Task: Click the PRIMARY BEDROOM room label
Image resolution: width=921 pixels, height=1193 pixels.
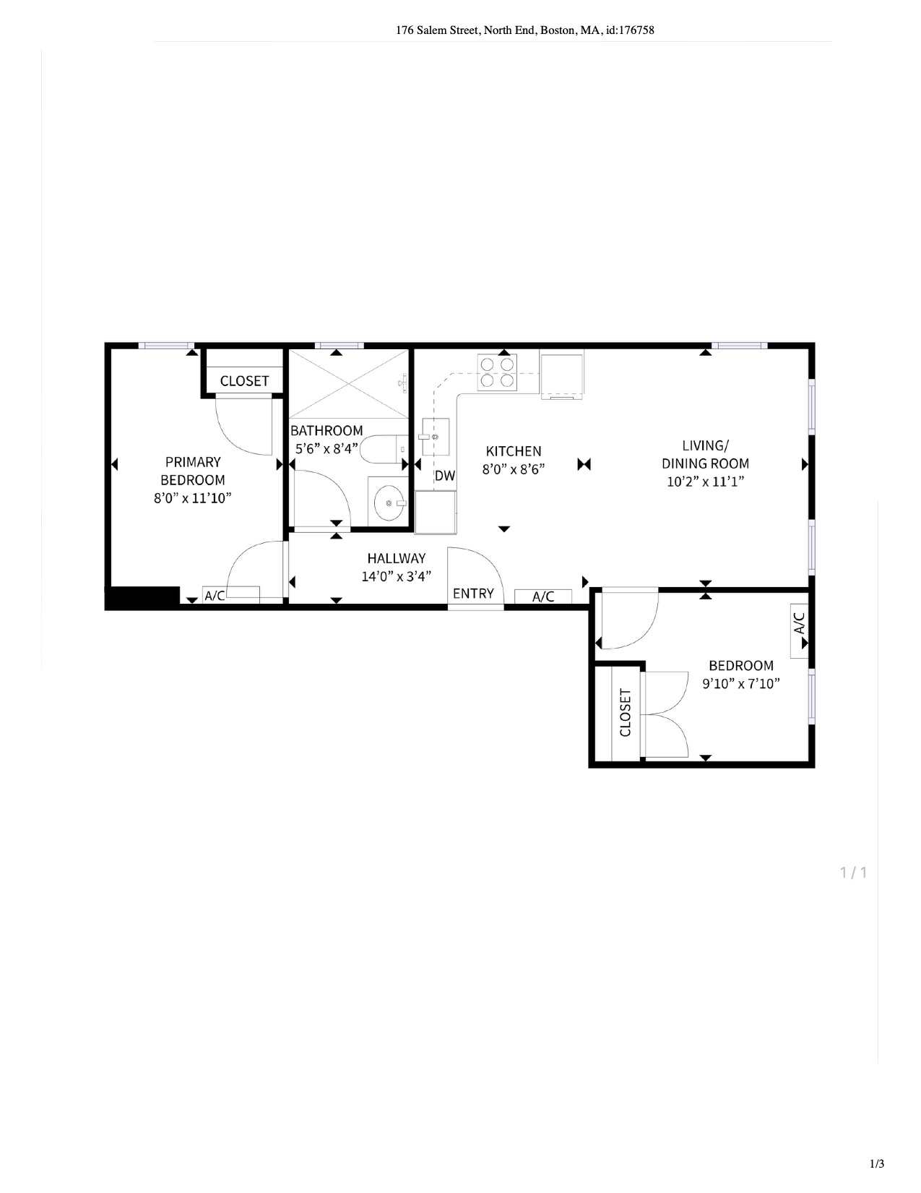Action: [x=193, y=471]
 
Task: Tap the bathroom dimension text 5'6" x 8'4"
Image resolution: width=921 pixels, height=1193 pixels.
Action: [x=327, y=448]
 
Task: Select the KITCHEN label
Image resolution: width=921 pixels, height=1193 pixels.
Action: [x=514, y=451]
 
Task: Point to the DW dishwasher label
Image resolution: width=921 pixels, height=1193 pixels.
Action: [x=445, y=476]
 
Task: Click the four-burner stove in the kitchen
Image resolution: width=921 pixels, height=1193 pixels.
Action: [x=497, y=373]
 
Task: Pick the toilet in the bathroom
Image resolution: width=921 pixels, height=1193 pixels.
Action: [x=384, y=449]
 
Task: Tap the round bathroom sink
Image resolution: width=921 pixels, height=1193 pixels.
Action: [x=389, y=503]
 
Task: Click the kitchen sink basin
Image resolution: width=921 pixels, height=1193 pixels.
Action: [x=436, y=437]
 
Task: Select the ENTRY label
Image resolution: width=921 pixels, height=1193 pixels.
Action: [x=473, y=594]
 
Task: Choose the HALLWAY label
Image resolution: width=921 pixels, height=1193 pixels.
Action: [x=397, y=558]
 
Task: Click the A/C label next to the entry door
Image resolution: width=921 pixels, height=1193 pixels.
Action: [x=543, y=596]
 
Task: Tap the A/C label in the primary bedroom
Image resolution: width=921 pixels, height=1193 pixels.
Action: [x=215, y=595]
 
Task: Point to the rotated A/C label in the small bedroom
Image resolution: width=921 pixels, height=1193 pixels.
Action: [x=800, y=623]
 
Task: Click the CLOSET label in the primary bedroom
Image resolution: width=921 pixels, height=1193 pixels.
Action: [x=245, y=381]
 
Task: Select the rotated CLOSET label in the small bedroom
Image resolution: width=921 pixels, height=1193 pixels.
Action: [x=626, y=712]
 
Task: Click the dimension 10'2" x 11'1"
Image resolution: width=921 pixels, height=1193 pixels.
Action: [x=705, y=482]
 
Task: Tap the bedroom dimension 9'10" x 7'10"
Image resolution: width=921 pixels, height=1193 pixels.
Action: [x=741, y=683]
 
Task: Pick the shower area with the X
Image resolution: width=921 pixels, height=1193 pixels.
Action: [x=349, y=384]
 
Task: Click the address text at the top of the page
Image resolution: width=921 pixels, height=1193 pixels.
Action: [x=525, y=30]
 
